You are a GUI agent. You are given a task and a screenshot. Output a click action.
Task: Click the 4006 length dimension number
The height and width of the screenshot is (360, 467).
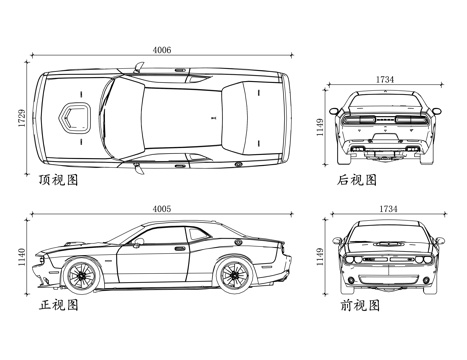click(162, 48)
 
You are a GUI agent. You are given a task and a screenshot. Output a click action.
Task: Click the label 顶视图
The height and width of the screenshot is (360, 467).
click(59, 181)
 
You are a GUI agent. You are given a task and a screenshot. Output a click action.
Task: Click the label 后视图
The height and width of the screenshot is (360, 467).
click(357, 180)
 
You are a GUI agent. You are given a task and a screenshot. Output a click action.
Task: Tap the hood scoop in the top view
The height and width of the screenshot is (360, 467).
click(75, 117)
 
